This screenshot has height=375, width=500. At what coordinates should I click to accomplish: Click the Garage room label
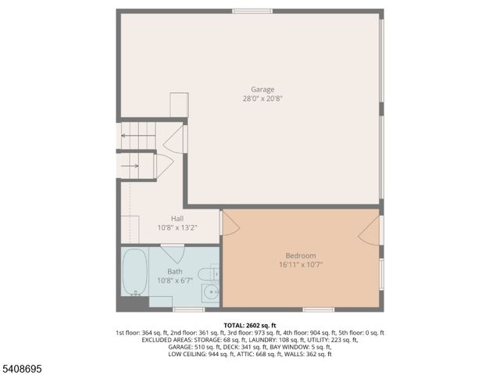[262, 89]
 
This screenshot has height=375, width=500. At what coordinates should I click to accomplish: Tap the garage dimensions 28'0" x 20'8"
[262, 98]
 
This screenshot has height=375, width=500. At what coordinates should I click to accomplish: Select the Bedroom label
[301, 255]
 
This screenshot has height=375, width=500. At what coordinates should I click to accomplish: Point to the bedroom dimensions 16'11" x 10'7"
[301, 265]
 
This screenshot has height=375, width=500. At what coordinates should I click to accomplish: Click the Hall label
[177, 219]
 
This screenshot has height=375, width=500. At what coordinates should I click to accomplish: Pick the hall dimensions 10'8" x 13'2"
[177, 228]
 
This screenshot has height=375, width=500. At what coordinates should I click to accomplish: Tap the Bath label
[174, 271]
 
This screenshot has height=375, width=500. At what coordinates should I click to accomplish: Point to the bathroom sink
[210, 293]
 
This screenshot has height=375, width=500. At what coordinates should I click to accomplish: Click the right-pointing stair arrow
[130, 166]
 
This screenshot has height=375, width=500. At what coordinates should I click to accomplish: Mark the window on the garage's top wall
[252, 11]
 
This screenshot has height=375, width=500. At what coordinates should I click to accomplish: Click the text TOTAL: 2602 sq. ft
[250, 325]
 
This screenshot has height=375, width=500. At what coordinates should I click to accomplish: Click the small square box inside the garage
[179, 105]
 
